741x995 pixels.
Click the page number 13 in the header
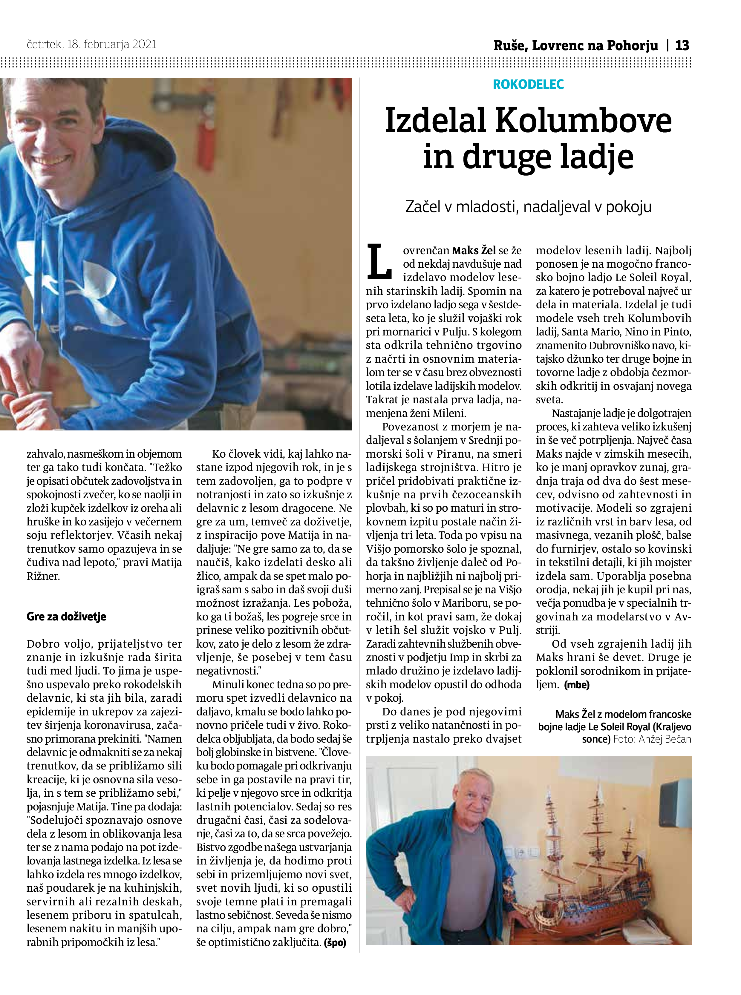point(682,45)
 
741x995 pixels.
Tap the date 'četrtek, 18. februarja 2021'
point(91,45)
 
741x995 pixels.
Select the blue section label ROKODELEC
point(528,84)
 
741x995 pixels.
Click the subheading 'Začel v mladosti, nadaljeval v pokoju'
point(528,207)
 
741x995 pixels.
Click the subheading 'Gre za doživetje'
point(66,616)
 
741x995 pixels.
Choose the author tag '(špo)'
point(335,942)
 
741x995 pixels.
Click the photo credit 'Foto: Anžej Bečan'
point(652,739)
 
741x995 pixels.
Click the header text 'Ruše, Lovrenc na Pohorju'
point(575,45)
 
